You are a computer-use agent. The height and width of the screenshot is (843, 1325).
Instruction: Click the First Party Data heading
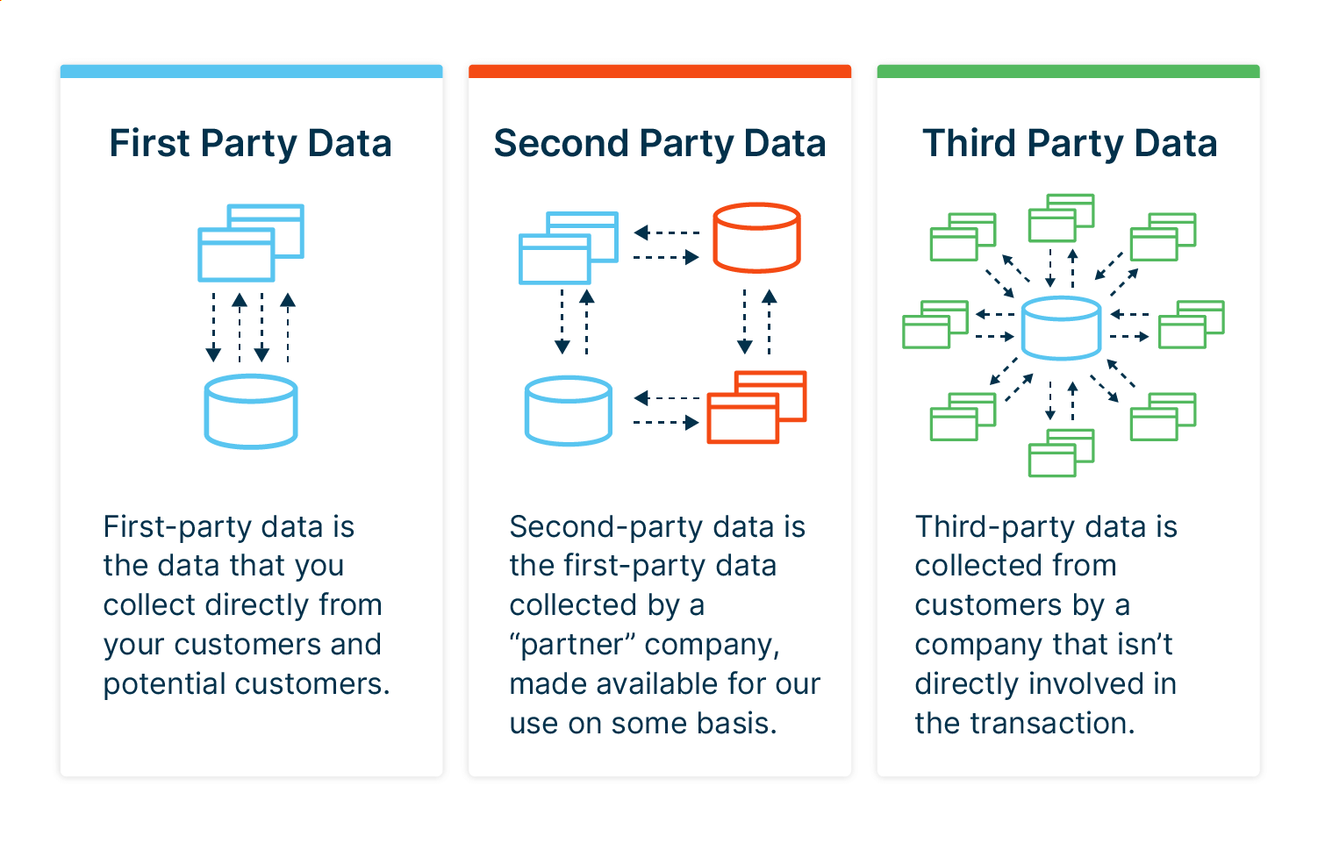coord(250,144)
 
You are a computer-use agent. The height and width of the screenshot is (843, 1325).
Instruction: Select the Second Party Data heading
coord(660,144)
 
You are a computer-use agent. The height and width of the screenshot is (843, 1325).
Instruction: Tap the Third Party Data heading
coord(1070,144)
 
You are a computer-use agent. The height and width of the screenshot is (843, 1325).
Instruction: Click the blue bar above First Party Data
coord(251,71)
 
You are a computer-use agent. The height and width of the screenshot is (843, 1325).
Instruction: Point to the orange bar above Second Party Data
coord(660,71)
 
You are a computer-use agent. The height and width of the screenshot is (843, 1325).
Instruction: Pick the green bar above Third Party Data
coord(1068,71)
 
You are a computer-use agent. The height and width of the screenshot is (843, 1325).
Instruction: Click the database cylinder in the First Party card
coord(251,411)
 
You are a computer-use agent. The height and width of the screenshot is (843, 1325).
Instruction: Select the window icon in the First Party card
coord(250,243)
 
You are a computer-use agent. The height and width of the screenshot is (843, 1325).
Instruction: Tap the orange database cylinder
coord(756,238)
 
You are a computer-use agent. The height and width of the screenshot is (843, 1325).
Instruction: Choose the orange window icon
coord(756,407)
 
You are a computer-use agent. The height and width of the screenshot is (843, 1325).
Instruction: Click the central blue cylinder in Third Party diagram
coord(1061,328)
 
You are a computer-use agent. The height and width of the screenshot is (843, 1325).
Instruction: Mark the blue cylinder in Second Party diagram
coord(568,411)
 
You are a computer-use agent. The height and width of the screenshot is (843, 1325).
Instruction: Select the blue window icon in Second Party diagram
coord(568,247)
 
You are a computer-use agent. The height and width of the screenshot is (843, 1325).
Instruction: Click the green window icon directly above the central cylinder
coord(1061,218)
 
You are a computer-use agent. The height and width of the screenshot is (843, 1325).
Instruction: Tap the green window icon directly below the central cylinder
coord(1061,453)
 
